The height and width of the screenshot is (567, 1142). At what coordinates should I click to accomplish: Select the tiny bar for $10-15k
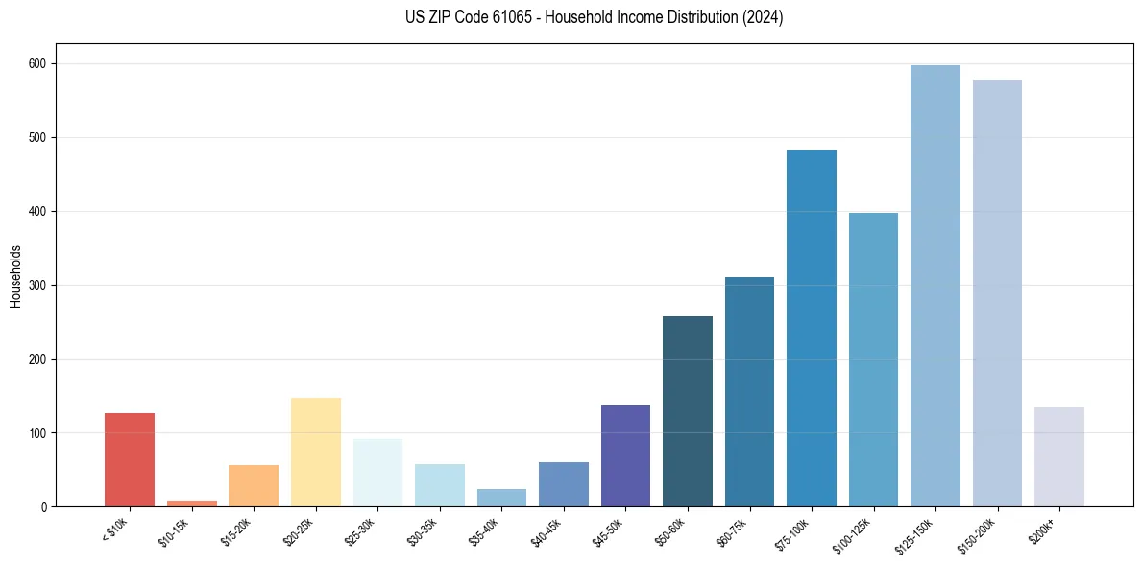pyautogui.click(x=192, y=503)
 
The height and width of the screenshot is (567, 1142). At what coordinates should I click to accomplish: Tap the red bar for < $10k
pyautogui.click(x=130, y=459)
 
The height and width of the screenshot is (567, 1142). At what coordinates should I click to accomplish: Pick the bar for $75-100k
pyautogui.click(x=811, y=328)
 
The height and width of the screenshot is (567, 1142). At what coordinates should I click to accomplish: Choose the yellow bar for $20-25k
pyautogui.click(x=316, y=452)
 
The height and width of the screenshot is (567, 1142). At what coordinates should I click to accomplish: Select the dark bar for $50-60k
pyautogui.click(x=688, y=410)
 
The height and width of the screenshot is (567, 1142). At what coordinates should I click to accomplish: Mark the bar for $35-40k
pyautogui.click(x=501, y=498)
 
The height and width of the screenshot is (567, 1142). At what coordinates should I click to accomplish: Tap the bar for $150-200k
pyautogui.click(x=997, y=293)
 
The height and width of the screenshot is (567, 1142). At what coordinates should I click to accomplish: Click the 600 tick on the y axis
pyautogui.click(x=41, y=63)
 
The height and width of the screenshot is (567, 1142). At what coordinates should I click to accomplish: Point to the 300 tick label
pyautogui.click(x=41, y=285)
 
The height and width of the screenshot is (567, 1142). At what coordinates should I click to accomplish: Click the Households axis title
pyautogui.click(x=16, y=275)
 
